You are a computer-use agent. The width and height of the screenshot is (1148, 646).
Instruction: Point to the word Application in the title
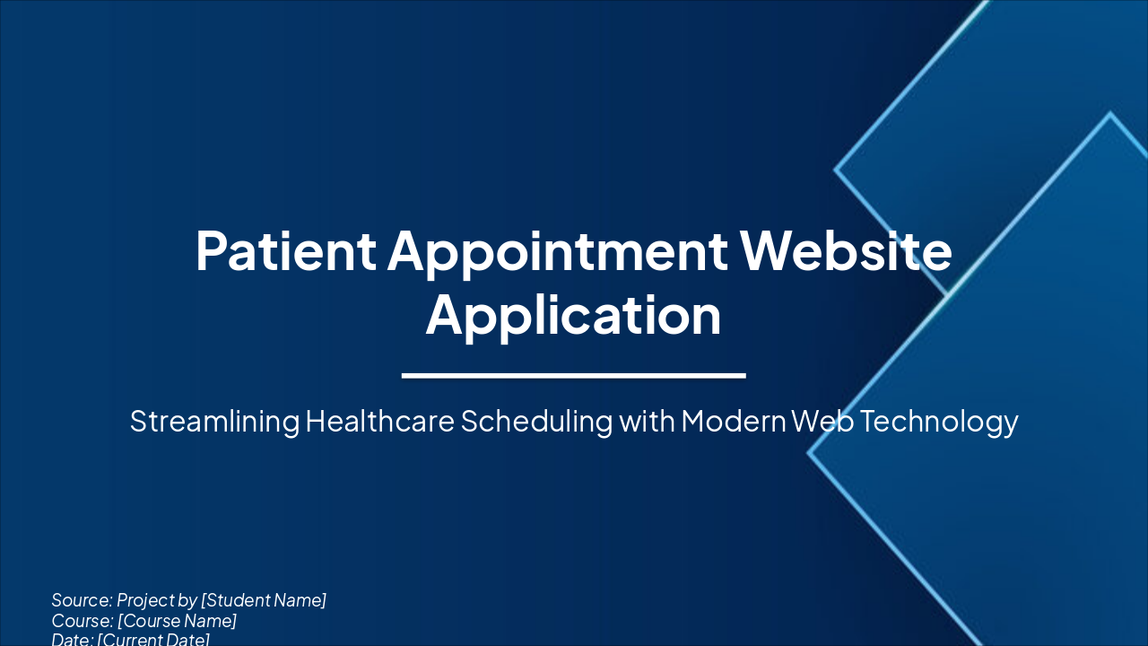(x=573, y=315)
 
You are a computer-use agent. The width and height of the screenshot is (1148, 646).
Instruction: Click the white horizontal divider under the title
(x=573, y=375)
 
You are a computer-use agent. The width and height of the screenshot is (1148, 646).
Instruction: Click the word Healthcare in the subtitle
(x=379, y=421)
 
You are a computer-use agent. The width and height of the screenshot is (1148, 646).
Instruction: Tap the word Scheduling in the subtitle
(x=536, y=421)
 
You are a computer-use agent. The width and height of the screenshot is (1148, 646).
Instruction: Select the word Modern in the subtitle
(x=733, y=421)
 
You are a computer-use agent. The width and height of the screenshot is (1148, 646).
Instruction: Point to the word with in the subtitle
(x=646, y=421)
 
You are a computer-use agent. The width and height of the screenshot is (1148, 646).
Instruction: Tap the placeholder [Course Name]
(x=177, y=621)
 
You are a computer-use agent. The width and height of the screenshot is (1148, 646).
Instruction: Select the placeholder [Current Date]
(x=153, y=640)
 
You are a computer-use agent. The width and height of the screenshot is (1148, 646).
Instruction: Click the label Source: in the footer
(x=82, y=600)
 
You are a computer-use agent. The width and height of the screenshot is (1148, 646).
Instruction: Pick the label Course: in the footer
(x=83, y=621)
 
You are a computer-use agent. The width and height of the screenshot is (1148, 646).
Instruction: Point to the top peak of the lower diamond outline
(x=1110, y=114)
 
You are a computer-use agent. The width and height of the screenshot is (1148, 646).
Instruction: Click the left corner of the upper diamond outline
(x=836, y=169)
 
